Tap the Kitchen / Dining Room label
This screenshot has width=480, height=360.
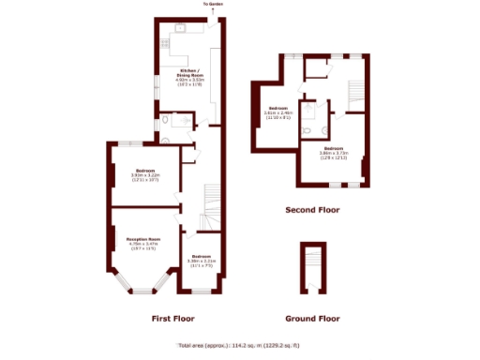pos(190,77)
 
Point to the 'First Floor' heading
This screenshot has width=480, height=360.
pos(172,319)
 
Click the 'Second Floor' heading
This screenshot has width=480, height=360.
pos(312,210)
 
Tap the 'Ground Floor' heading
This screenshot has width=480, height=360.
pos(312,319)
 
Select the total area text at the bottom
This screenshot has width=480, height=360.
pos(240,344)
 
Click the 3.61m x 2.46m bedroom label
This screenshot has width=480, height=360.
pos(278,111)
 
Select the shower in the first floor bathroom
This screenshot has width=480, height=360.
pos(186,120)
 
